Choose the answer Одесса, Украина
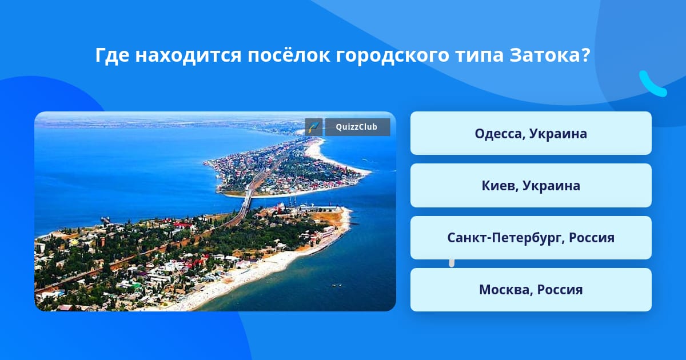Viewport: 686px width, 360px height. click(x=531, y=133)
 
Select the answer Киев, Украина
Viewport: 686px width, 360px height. click(x=531, y=186)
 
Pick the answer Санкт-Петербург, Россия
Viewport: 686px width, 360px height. click(x=531, y=238)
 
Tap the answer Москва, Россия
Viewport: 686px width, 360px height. click(x=531, y=290)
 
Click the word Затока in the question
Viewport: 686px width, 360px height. click(x=550, y=55)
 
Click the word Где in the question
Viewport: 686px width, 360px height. click(x=112, y=55)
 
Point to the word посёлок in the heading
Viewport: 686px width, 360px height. click(x=289, y=55)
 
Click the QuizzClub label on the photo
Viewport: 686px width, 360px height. click(x=357, y=127)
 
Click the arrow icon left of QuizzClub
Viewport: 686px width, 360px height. click(x=314, y=127)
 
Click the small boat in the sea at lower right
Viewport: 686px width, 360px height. click(x=337, y=286)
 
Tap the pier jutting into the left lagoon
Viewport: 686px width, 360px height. click(x=106, y=219)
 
